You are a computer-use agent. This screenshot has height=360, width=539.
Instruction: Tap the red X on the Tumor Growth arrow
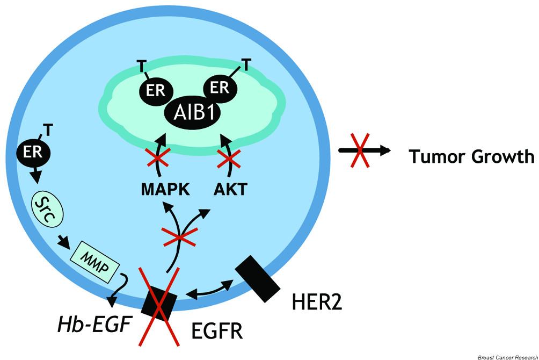[363, 151]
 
